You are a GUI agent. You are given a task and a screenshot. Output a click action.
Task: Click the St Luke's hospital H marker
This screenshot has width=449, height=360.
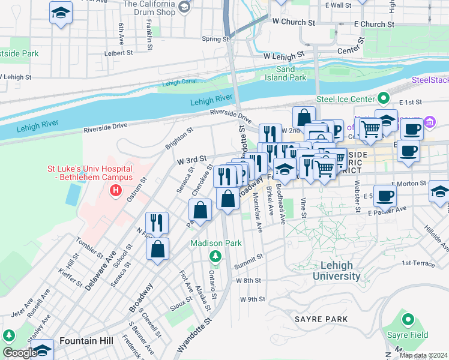click(x=115, y=191)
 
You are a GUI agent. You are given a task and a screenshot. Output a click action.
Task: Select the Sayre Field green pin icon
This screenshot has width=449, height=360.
click(x=408, y=320)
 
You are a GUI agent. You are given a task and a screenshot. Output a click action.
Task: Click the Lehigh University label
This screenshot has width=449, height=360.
click(x=341, y=271)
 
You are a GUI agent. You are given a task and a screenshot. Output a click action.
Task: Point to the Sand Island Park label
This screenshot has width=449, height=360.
click(x=286, y=74)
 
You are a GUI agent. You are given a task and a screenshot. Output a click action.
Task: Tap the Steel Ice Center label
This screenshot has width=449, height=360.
click(x=344, y=99)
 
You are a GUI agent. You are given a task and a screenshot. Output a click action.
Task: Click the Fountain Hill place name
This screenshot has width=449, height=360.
click(x=86, y=341)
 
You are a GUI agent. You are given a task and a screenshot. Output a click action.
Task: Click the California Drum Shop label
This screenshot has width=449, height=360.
click(x=149, y=8)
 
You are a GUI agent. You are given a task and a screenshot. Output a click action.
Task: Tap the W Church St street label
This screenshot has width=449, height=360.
click(x=294, y=22)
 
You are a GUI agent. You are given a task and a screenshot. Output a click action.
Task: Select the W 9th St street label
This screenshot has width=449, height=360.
click(x=252, y=299)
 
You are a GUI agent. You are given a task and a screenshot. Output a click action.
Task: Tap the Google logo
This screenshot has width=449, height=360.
click(x=20, y=353)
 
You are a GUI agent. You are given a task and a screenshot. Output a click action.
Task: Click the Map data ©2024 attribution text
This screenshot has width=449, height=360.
click(x=423, y=355)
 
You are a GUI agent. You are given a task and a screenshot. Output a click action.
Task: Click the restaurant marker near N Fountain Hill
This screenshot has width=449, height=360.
click(x=157, y=222)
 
